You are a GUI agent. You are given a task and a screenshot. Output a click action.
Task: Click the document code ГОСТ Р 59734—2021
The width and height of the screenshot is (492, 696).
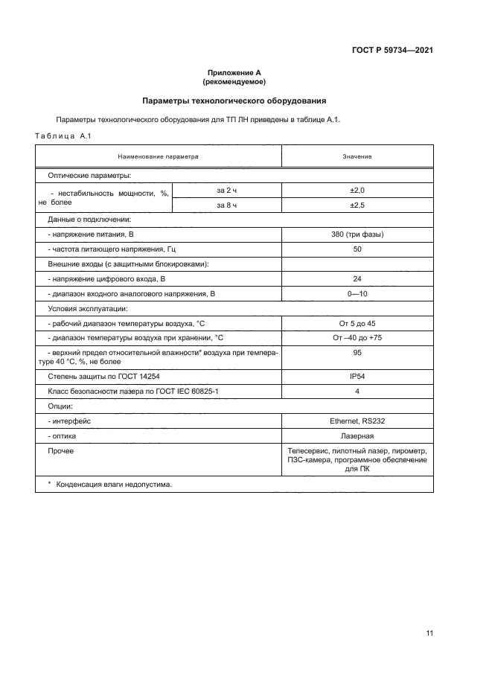point(392,51)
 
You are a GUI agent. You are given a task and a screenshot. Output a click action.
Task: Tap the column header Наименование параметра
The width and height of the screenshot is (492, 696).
point(158,157)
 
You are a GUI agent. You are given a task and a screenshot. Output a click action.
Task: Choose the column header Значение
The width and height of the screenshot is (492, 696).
point(357,157)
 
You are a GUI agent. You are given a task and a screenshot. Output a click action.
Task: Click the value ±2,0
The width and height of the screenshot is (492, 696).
point(357,191)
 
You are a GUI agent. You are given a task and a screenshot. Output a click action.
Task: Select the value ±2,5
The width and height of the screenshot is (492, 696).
point(357,205)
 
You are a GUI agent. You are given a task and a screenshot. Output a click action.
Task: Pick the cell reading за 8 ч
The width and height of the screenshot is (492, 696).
point(227,205)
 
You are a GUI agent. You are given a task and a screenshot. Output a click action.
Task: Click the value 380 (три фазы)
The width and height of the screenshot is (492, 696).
point(357,234)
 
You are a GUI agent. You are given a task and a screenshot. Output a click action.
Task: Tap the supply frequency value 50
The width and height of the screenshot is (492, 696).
point(357,249)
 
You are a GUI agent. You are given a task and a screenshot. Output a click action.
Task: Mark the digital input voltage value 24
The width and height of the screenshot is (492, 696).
point(357,278)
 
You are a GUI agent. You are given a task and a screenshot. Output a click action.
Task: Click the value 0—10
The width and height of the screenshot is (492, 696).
point(357,293)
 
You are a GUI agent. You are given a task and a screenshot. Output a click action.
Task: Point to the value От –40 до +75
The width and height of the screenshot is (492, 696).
point(357,337)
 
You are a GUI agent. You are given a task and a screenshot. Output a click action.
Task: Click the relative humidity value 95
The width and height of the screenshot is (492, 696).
point(357,353)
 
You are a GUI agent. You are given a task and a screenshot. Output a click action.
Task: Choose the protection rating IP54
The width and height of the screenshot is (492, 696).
point(357,377)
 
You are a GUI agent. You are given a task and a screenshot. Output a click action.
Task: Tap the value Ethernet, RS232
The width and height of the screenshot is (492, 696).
point(357,421)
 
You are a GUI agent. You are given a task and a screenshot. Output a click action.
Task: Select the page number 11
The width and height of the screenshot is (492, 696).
point(429,633)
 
